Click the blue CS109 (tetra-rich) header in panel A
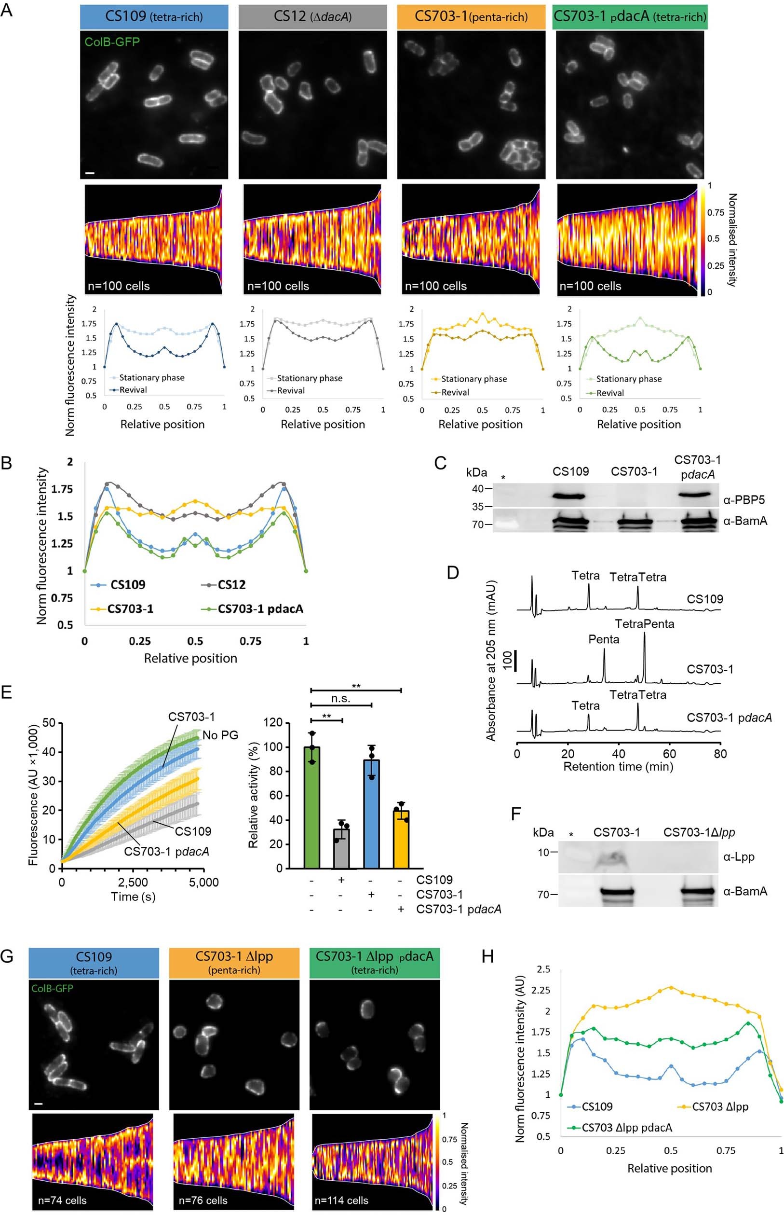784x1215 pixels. click(x=154, y=17)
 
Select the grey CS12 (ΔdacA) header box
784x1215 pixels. click(x=312, y=17)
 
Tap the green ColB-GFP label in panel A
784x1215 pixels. click(x=112, y=42)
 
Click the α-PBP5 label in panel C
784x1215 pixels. click(x=744, y=500)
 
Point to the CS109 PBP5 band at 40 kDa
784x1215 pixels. click(x=570, y=496)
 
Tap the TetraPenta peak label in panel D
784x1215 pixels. click(x=644, y=624)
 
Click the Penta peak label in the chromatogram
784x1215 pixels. click(x=604, y=639)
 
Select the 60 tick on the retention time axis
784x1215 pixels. click(x=669, y=754)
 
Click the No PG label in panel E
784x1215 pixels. click(x=220, y=735)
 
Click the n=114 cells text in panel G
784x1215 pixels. click(x=341, y=1200)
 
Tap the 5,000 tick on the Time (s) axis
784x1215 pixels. click(x=203, y=883)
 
